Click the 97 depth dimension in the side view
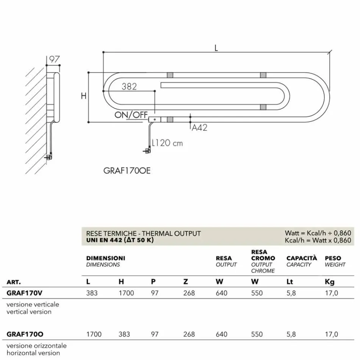click(55, 59)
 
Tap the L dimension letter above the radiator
click(216, 48)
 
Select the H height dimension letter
click(83, 96)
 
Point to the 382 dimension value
click(129, 86)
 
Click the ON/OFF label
click(131, 115)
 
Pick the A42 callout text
click(199, 128)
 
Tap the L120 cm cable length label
click(167, 143)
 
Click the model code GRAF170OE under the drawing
click(127, 171)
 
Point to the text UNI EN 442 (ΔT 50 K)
click(120, 240)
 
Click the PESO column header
click(333, 258)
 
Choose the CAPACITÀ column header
click(302, 258)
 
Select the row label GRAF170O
click(25, 334)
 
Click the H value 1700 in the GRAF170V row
click(126, 293)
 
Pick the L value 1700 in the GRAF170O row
click(94, 334)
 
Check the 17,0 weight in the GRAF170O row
click(331, 334)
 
